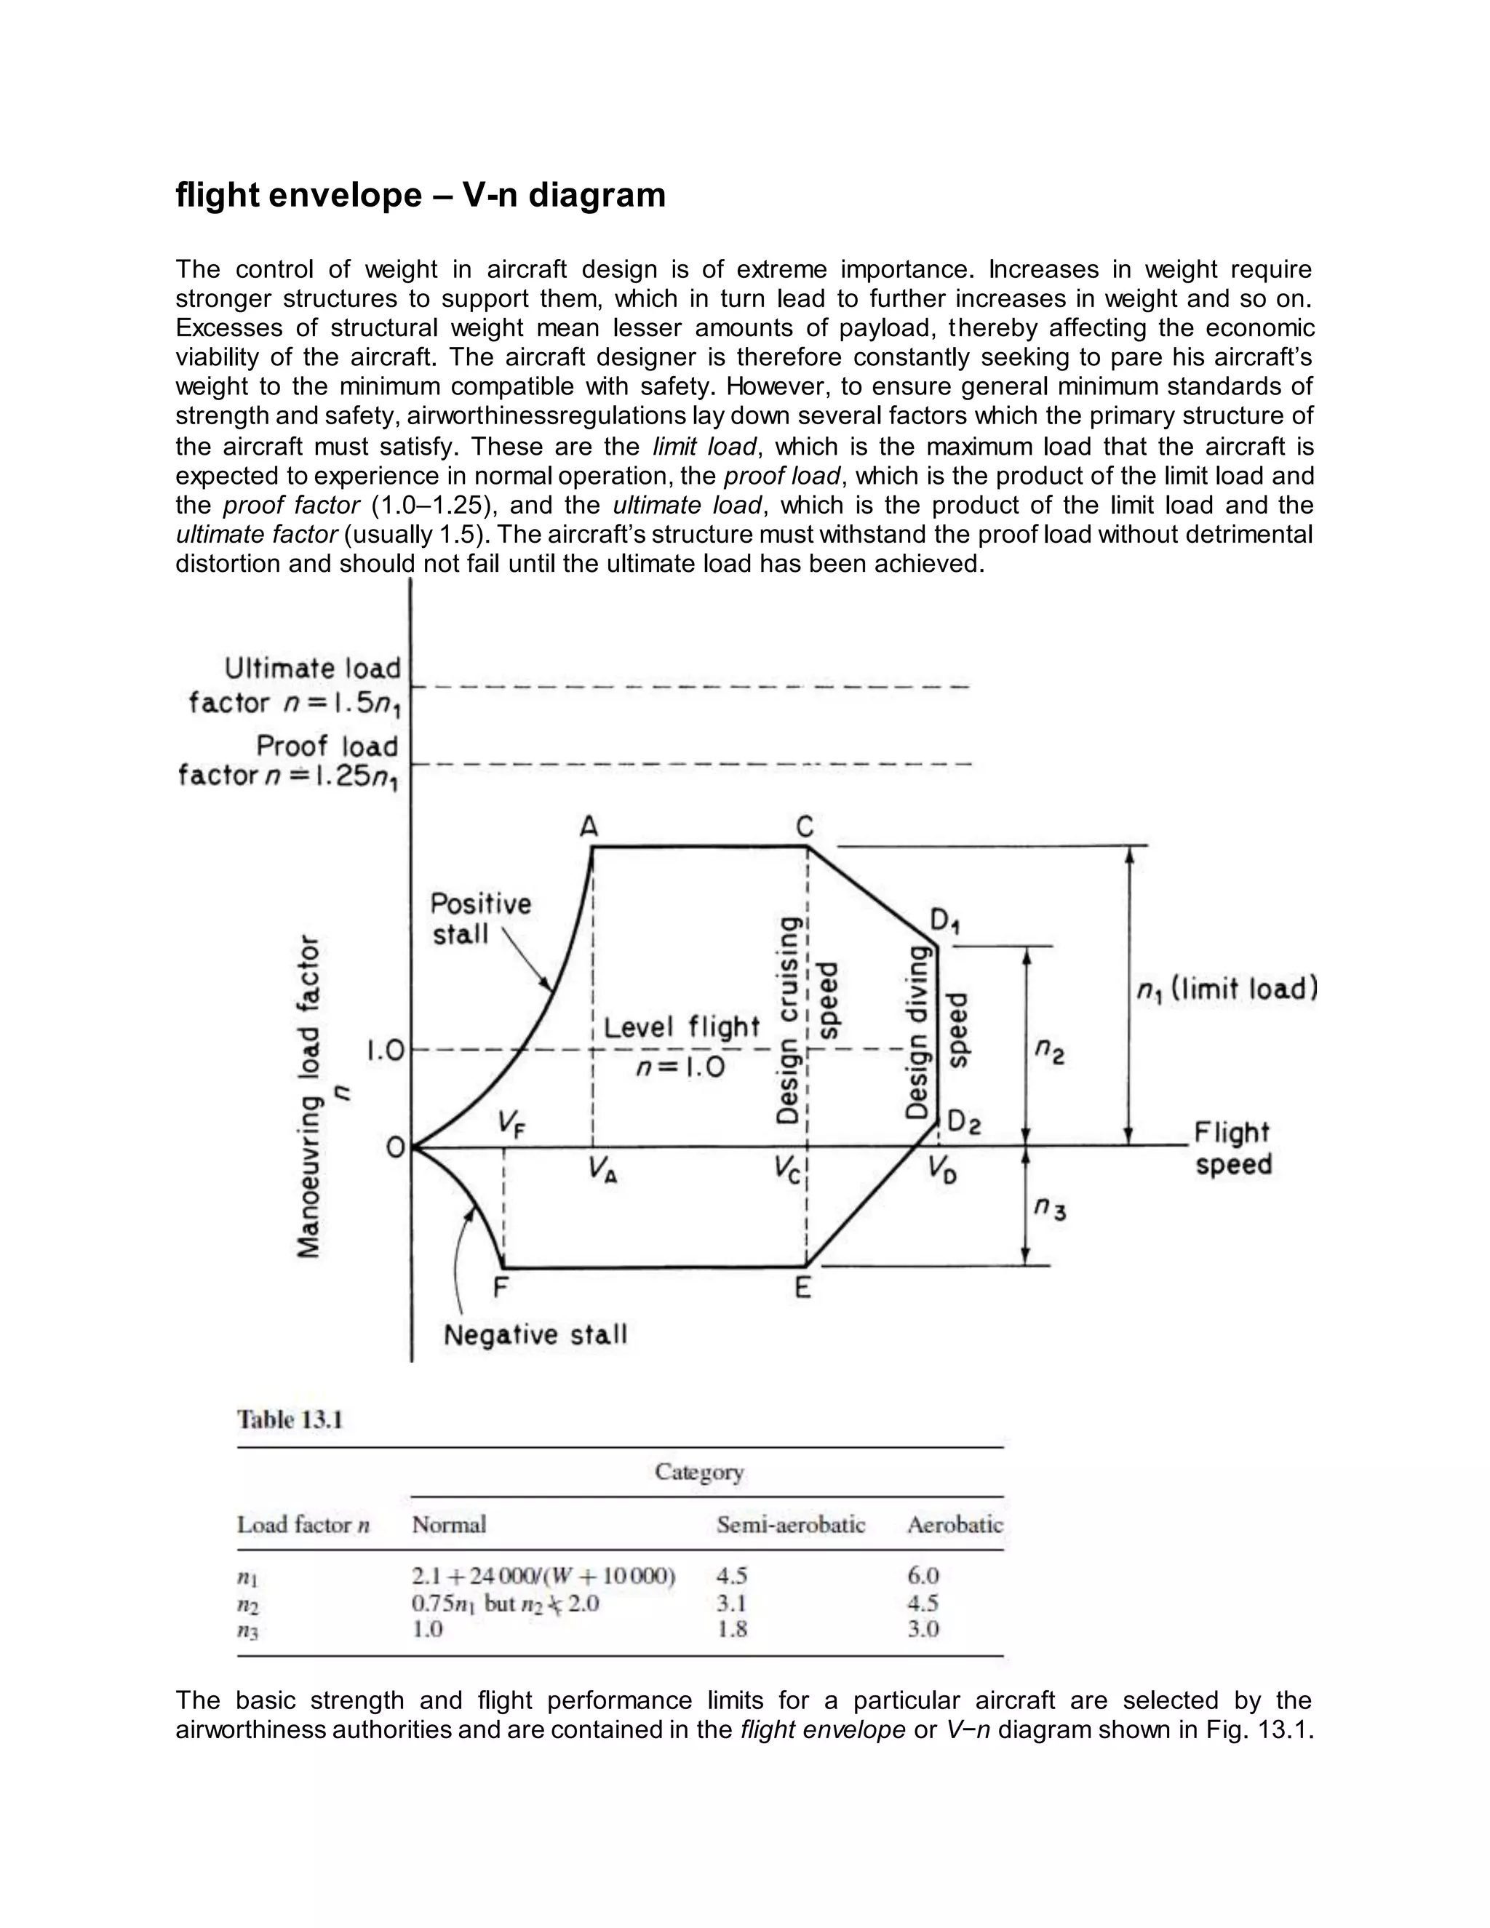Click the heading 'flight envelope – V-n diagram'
(421, 195)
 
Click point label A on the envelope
(589, 827)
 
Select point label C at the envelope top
(804, 827)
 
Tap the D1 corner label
(945, 923)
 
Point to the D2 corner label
(963, 1123)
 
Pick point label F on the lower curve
(501, 1288)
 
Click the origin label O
(396, 1147)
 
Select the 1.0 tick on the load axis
(385, 1051)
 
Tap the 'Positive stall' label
(480, 918)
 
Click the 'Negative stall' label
(535, 1335)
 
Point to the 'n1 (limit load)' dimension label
(1227, 989)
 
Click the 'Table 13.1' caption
(290, 1419)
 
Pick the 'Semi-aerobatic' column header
(790, 1524)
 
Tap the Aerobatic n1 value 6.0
(923, 1576)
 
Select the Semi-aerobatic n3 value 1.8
(732, 1629)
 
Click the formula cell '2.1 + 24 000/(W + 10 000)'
(543, 1576)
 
